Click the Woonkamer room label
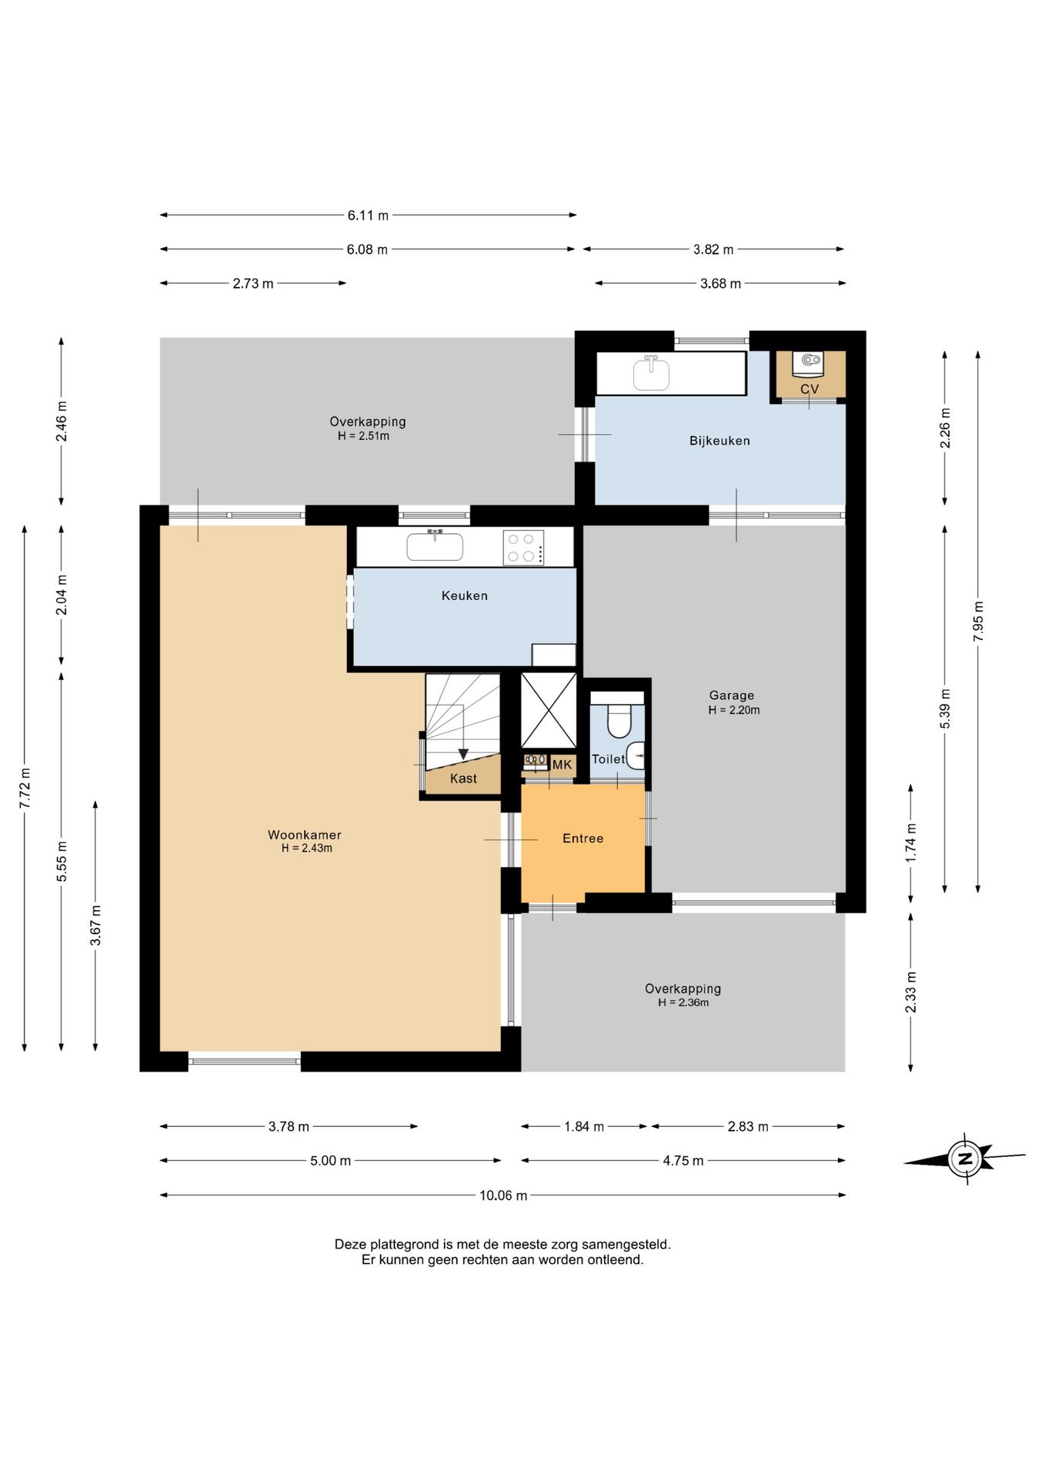pyautogui.click(x=304, y=835)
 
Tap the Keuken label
pyautogui.click(x=464, y=595)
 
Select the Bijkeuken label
pyautogui.click(x=719, y=441)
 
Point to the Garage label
pyautogui.click(x=731, y=695)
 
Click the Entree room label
pyautogui.click(x=583, y=839)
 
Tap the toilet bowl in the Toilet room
pyautogui.click(x=619, y=719)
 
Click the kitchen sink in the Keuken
pyautogui.click(x=435, y=545)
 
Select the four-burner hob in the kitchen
pyautogui.click(x=523, y=548)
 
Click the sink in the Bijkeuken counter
pyautogui.click(x=651, y=373)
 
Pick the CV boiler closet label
pyautogui.click(x=810, y=389)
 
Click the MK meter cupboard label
pyautogui.click(x=562, y=765)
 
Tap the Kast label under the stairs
pyautogui.click(x=463, y=779)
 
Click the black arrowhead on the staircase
pyautogui.click(x=463, y=754)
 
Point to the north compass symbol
pyautogui.click(x=964, y=1159)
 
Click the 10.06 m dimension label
pyautogui.click(x=503, y=1195)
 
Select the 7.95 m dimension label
pyautogui.click(x=978, y=622)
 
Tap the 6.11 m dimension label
pyautogui.click(x=368, y=215)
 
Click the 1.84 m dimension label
pyautogui.click(x=584, y=1127)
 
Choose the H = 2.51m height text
pyautogui.click(x=363, y=436)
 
